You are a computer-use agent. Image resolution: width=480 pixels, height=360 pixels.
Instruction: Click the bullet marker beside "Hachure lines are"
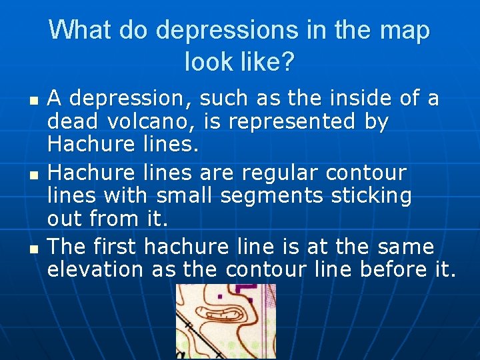34,174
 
